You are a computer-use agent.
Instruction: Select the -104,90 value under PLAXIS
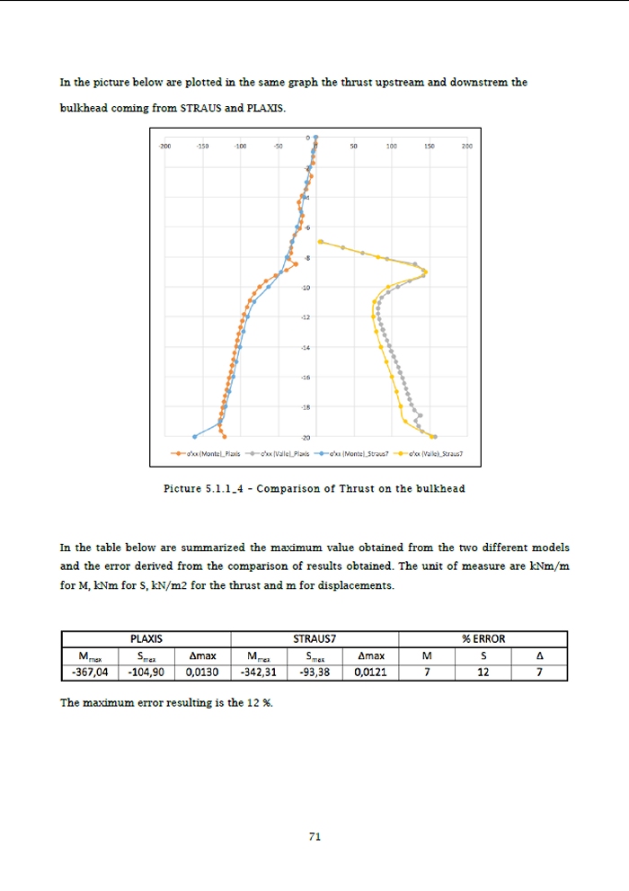(146, 671)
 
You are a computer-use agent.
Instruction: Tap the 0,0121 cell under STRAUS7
(370, 671)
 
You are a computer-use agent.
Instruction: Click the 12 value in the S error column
(483, 671)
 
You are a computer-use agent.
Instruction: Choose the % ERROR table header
(483, 638)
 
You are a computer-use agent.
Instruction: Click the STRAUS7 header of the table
(314, 638)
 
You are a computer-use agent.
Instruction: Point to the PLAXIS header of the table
(146, 638)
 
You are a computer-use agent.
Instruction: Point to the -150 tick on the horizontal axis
(202, 144)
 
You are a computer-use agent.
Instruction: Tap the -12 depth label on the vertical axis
(307, 317)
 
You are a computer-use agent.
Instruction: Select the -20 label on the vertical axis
(307, 437)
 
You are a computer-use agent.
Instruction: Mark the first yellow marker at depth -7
(321, 242)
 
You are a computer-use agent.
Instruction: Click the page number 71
(314, 836)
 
